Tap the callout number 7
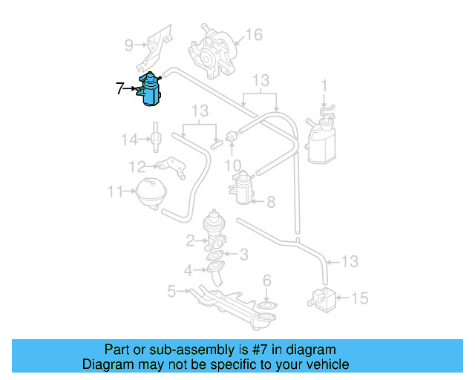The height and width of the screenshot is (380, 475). point(120,88)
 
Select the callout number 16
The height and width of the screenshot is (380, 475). point(254,35)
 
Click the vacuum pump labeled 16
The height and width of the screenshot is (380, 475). point(212,53)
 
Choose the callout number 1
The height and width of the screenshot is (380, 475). point(324,86)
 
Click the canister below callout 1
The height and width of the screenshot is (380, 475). point(321,136)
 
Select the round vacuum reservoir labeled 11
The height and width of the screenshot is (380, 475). point(151,193)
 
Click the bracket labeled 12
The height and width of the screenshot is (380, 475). point(172,167)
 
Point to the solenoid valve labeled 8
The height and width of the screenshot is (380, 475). point(242,187)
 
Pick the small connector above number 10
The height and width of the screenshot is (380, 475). point(232,136)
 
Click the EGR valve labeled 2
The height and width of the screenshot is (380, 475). point(214,231)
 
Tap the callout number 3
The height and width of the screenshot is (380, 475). point(244,255)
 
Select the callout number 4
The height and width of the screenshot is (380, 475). point(188,270)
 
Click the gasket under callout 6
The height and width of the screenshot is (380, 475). point(267,305)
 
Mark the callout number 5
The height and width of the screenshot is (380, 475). point(171,291)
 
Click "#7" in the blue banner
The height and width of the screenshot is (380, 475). point(260,350)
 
